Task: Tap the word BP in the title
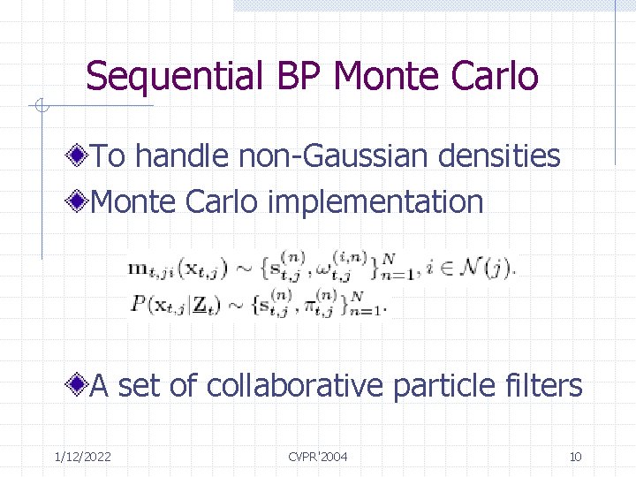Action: (295, 77)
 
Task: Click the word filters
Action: (543, 386)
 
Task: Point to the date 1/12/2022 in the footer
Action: (82, 457)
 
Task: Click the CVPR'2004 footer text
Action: (318, 457)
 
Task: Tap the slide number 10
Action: (575, 457)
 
